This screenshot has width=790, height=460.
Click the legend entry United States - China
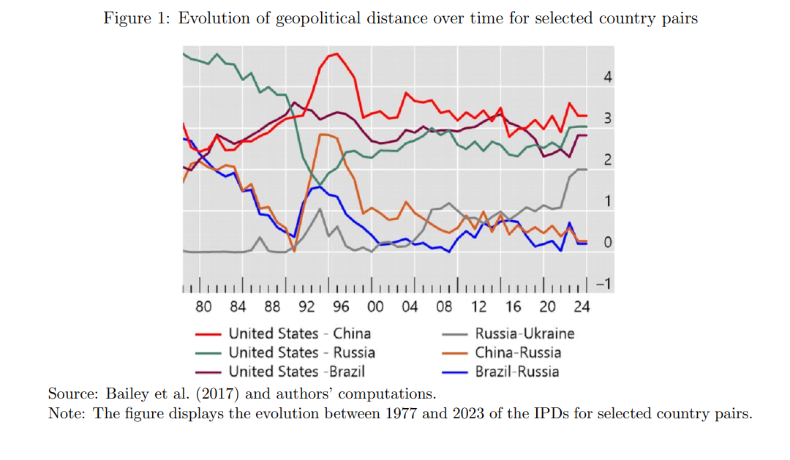tap(299, 333)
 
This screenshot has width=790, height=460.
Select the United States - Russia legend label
tap(301, 352)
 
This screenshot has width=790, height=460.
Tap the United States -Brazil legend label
tap(296, 372)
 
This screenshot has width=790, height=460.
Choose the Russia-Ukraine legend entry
tap(524, 333)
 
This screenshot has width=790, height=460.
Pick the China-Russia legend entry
tap(518, 352)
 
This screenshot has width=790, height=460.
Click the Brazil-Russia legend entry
tap(516, 372)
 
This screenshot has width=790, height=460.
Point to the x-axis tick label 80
tap(204, 306)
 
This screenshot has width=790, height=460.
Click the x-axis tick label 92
tap(307, 306)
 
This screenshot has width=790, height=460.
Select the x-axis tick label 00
tap(375, 306)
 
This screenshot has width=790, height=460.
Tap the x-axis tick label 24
tap(581, 306)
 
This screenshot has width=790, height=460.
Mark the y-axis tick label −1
tap(604, 284)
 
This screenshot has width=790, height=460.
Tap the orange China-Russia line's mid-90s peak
tap(323, 135)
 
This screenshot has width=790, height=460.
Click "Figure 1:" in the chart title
tap(138, 18)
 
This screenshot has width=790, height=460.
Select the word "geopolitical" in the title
tap(317, 18)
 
